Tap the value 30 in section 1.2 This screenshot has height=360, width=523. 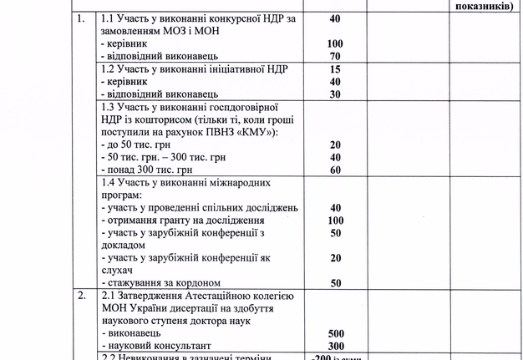336,94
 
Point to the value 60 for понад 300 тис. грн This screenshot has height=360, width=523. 336,170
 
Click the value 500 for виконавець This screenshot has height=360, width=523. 336,333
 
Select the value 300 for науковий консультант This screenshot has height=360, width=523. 336,346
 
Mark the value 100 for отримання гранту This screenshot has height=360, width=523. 336,221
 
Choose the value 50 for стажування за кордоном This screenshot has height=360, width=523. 336,283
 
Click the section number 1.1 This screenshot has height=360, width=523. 108,18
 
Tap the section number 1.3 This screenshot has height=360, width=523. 108,109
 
